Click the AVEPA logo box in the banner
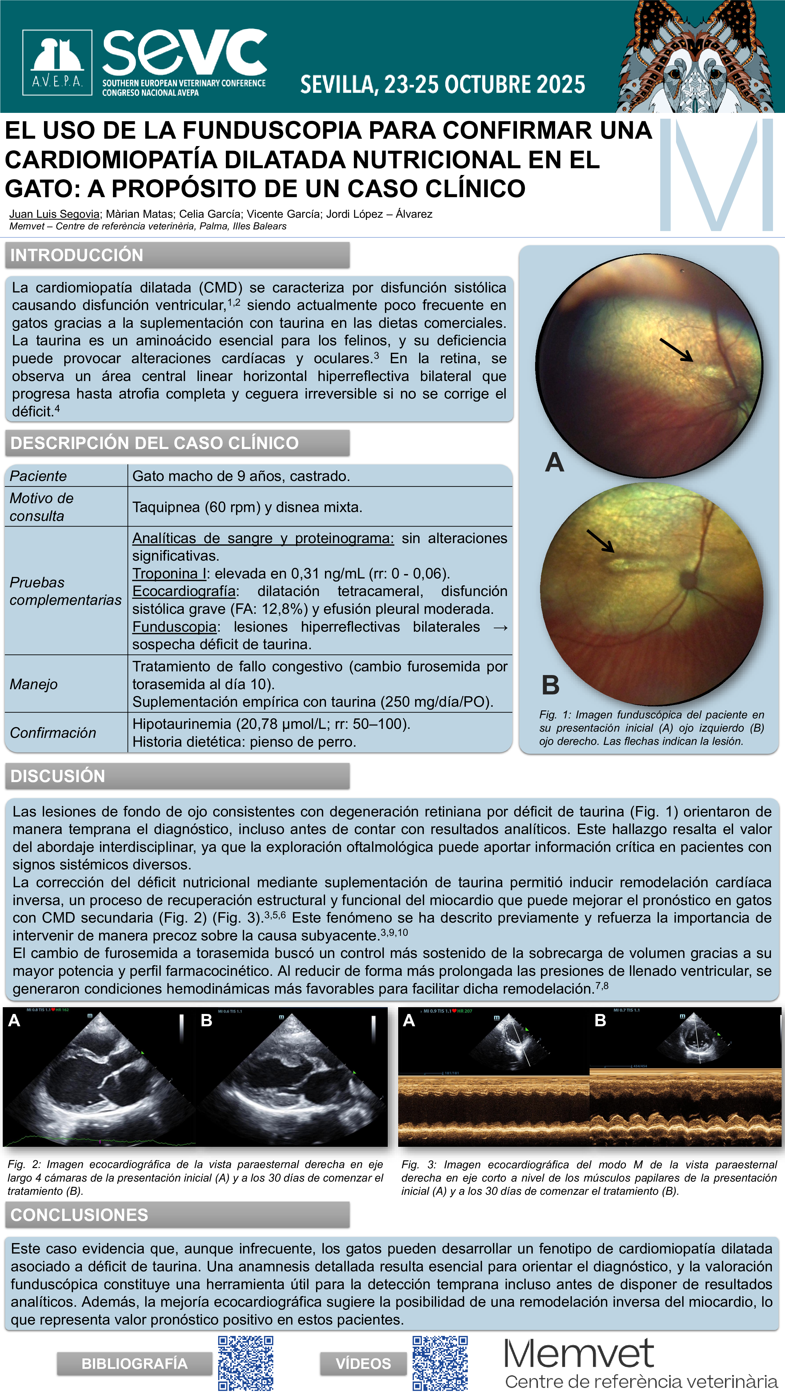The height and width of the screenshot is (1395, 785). coord(57,62)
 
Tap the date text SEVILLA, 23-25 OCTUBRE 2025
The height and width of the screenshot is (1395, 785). coord(443,85)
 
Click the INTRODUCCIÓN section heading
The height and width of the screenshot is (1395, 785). coord(77,255)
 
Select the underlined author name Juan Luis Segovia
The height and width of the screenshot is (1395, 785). coord(54,214)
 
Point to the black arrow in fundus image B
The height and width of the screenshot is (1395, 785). coord(600,541)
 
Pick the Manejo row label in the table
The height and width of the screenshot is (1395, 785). coord(34,684)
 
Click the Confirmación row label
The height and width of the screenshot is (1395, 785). coord(53,733)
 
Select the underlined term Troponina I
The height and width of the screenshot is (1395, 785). coord(169,574)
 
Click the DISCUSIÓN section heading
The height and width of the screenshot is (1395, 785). coord(58,776)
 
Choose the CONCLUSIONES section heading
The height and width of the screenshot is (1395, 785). coord(79,1215)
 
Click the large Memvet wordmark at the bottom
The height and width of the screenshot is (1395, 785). coord(579,1353)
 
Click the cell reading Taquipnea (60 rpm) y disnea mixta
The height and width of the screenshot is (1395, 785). coord(247,507)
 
